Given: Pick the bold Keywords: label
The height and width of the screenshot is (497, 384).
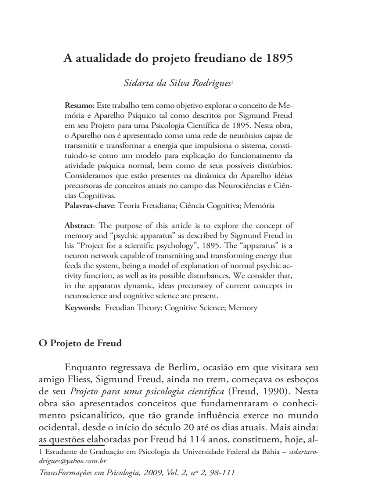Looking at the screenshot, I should tap(82, 308).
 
